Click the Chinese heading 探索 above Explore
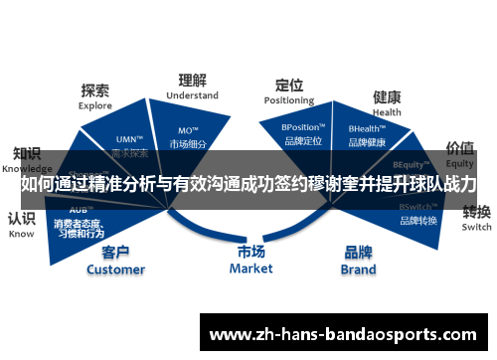[96, 90]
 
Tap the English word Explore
[96, 104]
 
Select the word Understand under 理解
[192, 95]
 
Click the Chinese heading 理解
[192, 81]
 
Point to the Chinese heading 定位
[289, 85]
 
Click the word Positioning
[289, 100]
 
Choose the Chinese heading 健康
[387, 97]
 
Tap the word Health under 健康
[387, 112]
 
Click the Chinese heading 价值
[459, 148]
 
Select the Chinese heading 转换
[476, 212]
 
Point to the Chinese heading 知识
[26, 154]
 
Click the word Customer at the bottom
[115, 269]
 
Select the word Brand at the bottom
[359, 269]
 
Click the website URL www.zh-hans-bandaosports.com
[349, 332]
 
